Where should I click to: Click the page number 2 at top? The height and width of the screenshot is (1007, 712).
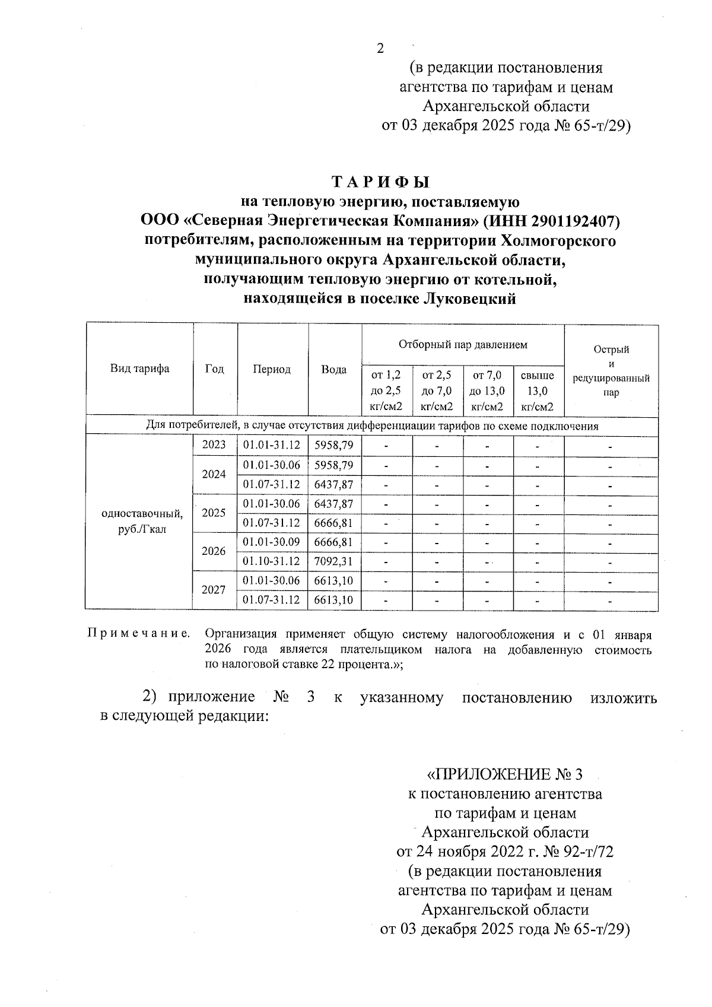coord(380,49)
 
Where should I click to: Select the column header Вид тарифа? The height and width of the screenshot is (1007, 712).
coord(139,369)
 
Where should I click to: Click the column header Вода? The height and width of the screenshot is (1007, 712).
coord(334,369)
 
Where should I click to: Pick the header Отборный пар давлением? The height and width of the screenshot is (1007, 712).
coord(463,344)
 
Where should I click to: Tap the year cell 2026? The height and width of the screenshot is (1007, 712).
coord(214,551)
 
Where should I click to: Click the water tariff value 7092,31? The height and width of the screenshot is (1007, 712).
coord(333,561)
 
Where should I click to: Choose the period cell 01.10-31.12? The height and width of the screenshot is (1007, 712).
coord(272,561)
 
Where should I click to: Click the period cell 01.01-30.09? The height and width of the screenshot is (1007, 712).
coord(272,542)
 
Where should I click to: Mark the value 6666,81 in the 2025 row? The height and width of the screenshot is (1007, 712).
coord(333,523)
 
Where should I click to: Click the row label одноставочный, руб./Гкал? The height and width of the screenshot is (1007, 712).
coord(142,521)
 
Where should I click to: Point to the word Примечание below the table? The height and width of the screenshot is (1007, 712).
coord(139,634)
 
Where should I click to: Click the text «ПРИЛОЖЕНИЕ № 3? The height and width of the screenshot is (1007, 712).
coord(505,774)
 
